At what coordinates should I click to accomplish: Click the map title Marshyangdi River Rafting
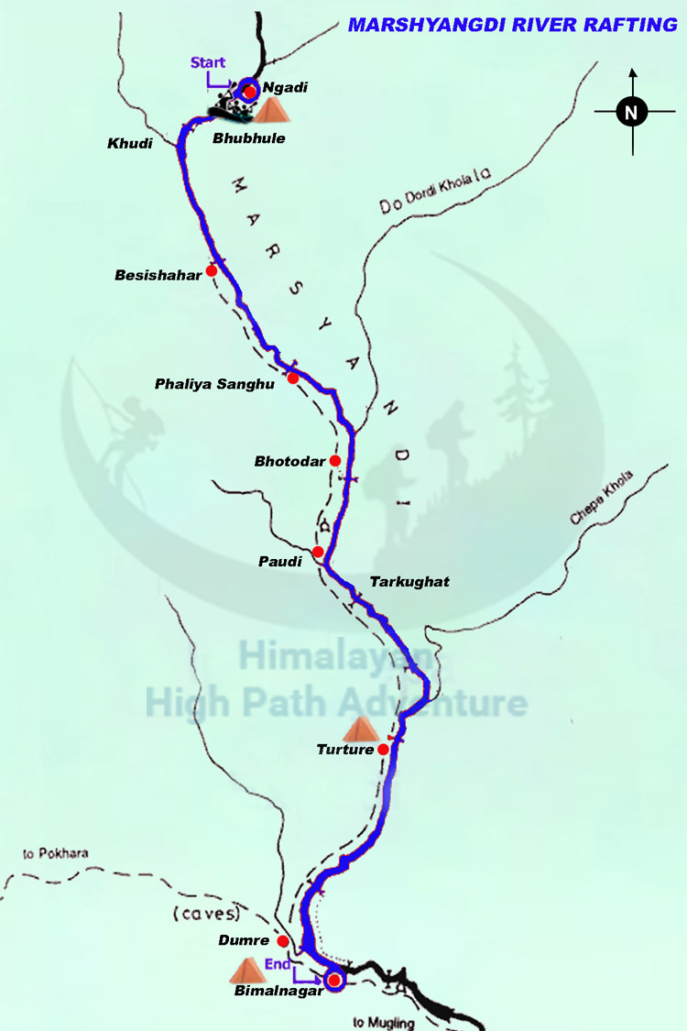(x=512, y=25)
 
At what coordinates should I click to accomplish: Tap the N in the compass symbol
(x=631, y=113)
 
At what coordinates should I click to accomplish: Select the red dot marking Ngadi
(x=249, y=91)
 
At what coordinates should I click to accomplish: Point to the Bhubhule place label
(x=248, y=138)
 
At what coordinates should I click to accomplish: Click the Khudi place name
(x=128, y=145)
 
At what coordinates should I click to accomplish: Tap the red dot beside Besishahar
(x=212, y=270)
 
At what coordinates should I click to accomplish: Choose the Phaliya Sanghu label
(x=213, y=385)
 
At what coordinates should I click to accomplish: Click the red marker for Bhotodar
(x=334, y=460)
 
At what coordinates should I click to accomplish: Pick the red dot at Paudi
(x=318, y=552)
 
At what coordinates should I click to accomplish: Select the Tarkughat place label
(x=409, y=582)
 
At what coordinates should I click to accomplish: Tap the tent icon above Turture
(x=360, y=729)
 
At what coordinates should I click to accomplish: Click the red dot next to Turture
(x=384, y=750)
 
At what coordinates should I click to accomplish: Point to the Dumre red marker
(x=283, y=941)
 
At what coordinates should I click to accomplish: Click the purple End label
(x=278, y=963)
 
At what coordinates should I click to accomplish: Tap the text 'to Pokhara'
(x=56, y=853)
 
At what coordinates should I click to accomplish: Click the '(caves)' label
(x=205, y=913)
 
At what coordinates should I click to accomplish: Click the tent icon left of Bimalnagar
(x=246, y=971)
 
